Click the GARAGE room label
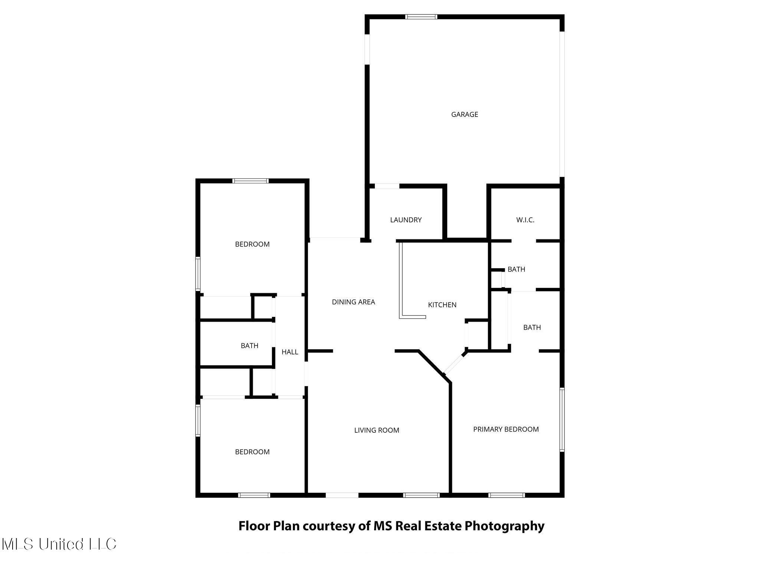point(464,115)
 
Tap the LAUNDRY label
point(406,220)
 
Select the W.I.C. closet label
point(525,220)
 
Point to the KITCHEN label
point(442,305)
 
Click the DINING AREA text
point(353,302)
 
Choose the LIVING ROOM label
point(376,430)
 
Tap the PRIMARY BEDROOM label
point(506,429)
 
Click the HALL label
point(289,352)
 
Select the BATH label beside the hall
point(249,346)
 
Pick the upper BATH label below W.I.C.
point(516,269)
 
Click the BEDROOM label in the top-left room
point(252,244)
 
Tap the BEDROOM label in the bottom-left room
point(252,452)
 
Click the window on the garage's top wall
point(421,17)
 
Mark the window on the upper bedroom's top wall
point(250,181)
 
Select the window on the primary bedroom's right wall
point(562,420)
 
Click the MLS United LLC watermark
point(59,544)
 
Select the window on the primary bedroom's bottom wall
point(507,495)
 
